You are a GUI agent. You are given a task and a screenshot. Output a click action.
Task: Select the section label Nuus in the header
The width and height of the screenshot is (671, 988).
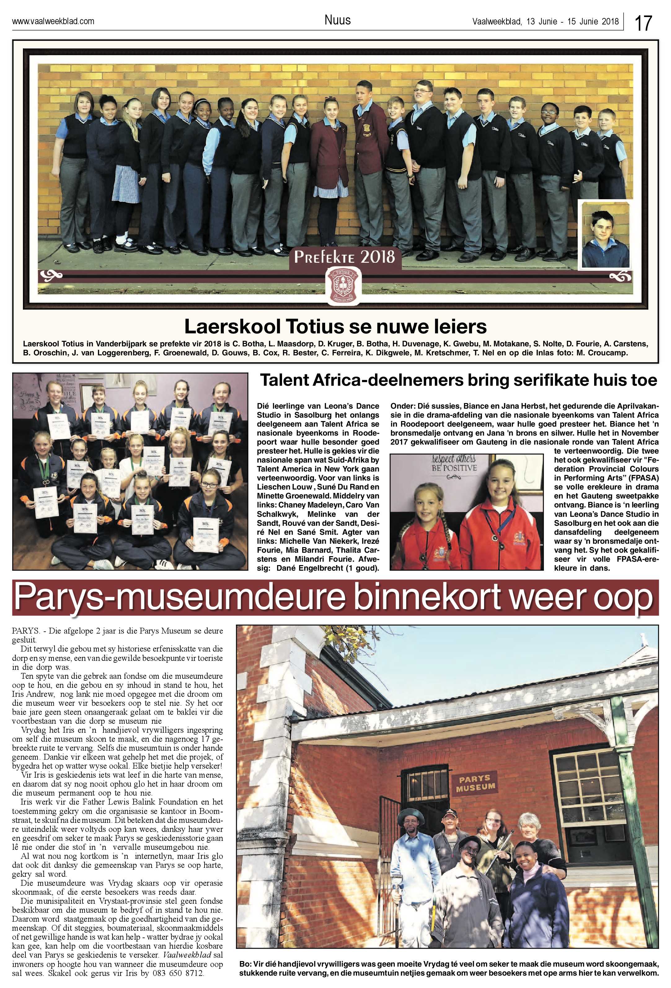[x=337, y=20]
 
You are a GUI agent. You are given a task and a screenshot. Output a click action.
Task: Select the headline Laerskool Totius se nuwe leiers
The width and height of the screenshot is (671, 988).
[x=335, y=327]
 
